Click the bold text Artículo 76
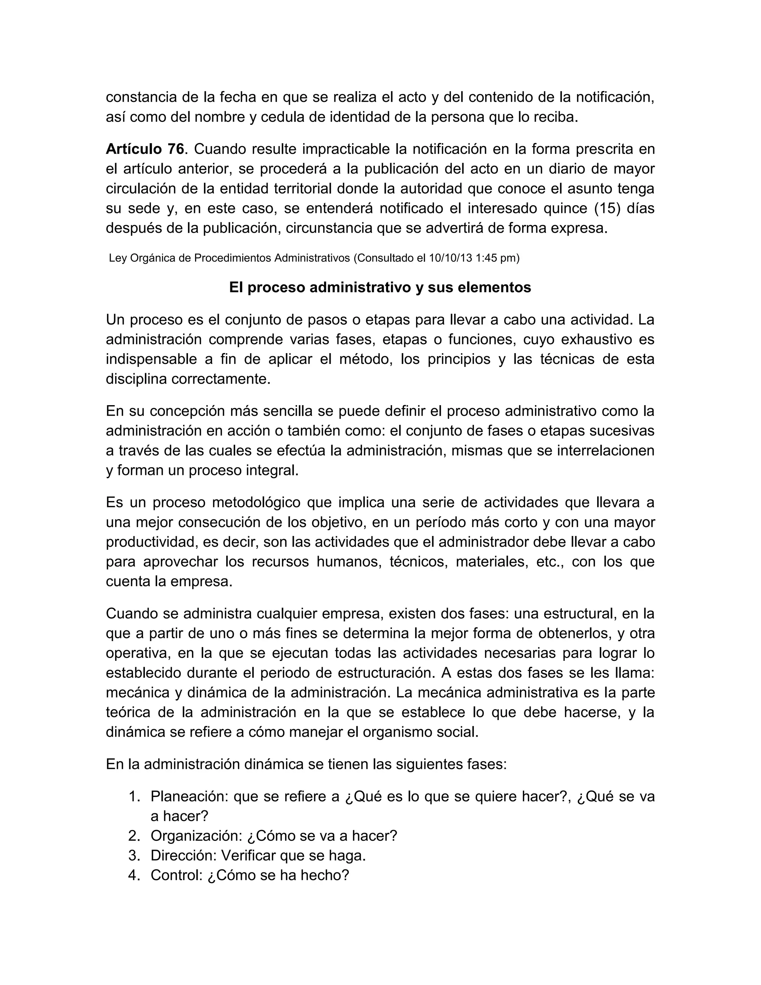tap(145, 148)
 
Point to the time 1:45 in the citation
tap(486, 258)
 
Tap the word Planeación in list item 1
tap(190, 797)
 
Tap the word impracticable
tap(344, 148)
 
